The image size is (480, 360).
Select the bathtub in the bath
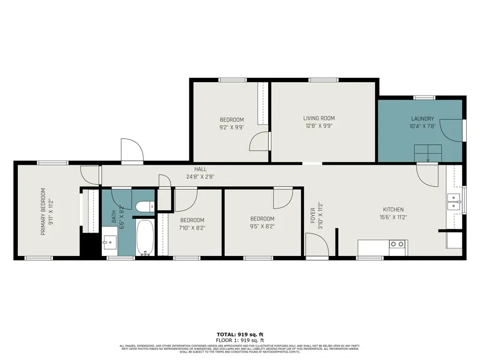(x=145, y=237)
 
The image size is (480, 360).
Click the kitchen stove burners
(x=397, y=244)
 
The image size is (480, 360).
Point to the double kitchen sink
(x=455, y=201)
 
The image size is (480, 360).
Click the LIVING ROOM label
(x=319, y=118)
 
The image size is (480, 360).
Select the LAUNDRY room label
(x=422, y=119)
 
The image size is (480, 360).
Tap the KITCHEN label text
(x=393, y=210)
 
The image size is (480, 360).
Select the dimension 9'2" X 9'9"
(x=231, y=127)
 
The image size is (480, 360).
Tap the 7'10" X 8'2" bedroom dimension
(x=192, y=228)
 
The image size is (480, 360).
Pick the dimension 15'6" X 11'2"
(x=393, y=218)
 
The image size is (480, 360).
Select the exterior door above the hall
(x=132, y=151)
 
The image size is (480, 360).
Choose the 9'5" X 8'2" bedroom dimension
(x=262, y=226)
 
